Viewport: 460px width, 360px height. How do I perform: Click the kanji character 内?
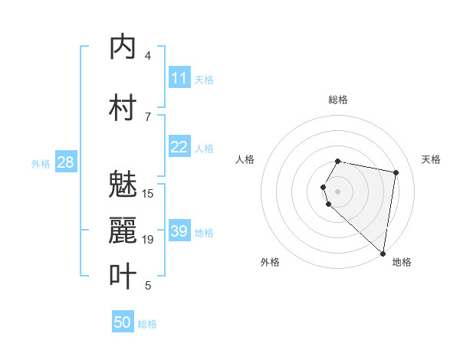(x=123, y=47)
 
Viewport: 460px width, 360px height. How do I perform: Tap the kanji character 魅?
(x=123, y=184)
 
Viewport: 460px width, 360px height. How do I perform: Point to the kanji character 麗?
(x=123, y=230)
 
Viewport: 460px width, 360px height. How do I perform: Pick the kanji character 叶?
(x=123, y=277)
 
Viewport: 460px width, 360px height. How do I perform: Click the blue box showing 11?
(x=179, y=78)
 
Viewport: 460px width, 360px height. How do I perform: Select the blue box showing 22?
(x=179, y=147)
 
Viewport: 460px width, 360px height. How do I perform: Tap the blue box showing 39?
(x=179, y=231)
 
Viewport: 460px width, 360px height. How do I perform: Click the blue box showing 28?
(x=65, y=162)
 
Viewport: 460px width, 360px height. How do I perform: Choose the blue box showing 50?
(x=123, y=322)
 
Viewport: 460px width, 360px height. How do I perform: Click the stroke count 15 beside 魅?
(x=148, y=193)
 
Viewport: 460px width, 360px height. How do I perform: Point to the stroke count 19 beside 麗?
(x=148, y=240)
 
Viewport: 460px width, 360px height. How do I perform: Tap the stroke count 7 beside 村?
(x=148, y=116)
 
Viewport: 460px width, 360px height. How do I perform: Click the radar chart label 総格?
(x=338, y=100)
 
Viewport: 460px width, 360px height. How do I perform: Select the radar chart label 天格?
(x=431, y=159)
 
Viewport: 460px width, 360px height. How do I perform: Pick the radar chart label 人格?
(x=245, y=159)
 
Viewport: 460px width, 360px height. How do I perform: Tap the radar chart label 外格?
(x=270, y=262)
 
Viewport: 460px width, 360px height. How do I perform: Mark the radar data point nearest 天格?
(x=396, y=172)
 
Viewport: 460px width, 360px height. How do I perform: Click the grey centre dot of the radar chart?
(x=338, y=191)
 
